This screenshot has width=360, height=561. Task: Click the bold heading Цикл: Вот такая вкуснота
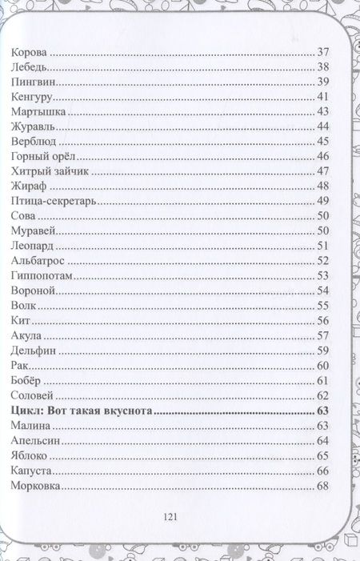click(x=83, y=411)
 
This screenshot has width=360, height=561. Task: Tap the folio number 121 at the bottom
click(x=169, y=517)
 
